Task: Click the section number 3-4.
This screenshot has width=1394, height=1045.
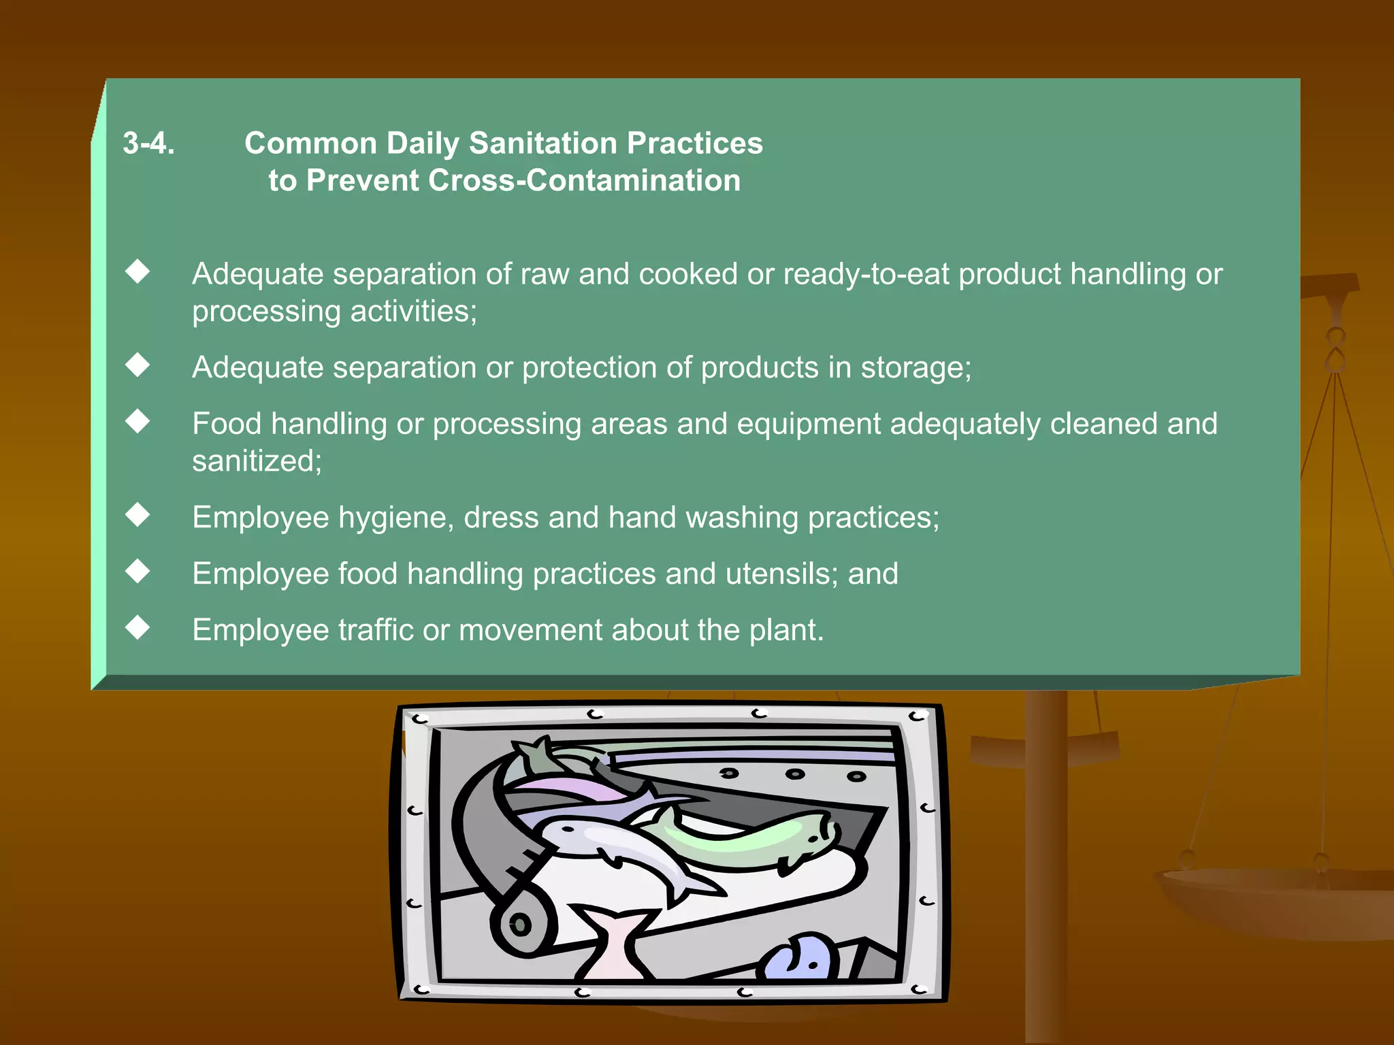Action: pos(148,144)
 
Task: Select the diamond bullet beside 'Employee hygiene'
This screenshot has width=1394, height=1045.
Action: pos(137,515)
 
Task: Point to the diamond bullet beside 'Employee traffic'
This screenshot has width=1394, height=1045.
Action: pos(137,627)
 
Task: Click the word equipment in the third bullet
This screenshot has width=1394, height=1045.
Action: pos(809,425)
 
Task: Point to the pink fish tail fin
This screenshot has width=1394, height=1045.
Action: pos(612,939)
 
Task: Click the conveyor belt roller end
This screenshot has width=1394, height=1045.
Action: pos(521,925)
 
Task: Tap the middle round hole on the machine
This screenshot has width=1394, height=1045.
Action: pos(794,774)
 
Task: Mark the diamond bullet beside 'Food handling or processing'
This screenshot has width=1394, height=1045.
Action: pos(137,421)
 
